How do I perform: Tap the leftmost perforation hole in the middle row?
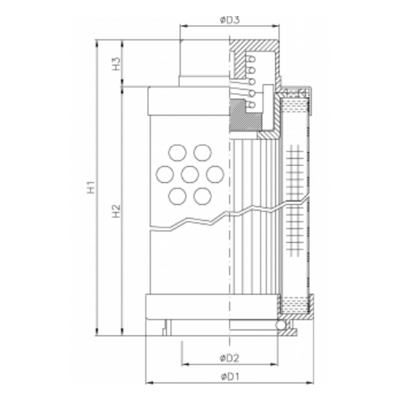(x=166, y=173)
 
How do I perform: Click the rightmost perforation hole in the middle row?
(x=214, y=173)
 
